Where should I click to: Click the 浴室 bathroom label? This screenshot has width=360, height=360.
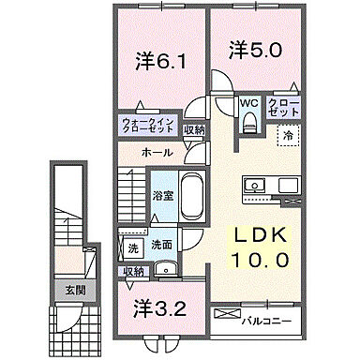pyautogui.click(x=162, y=195)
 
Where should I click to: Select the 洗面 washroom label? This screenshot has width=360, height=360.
pyautogui.click(x=162, y=245)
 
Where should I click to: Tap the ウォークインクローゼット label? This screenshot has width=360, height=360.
pyautogui.click(x=147, y=125)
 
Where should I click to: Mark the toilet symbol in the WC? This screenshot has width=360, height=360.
pyautogui.click(x=248, y=122)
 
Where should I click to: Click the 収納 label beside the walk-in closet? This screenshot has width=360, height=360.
pyautogui.click(x=194, y=129)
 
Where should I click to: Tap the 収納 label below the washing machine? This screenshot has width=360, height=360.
pyautogui.click(x=133, y=271)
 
